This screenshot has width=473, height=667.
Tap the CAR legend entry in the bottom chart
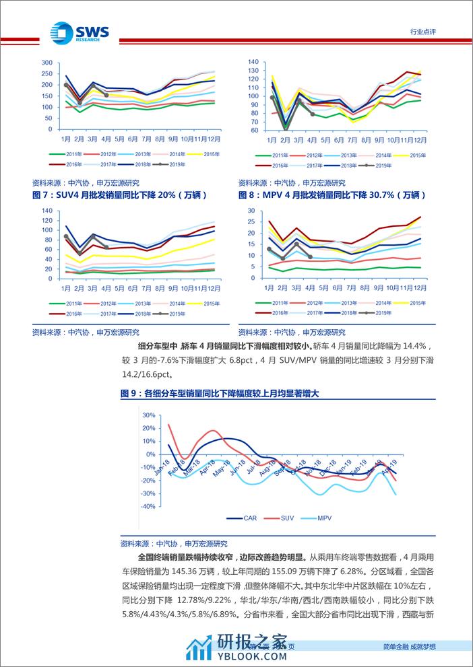coord(243,518)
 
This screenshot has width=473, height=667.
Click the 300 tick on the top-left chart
coord(46,63)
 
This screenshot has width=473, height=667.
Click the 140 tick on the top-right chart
coord(253,61)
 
